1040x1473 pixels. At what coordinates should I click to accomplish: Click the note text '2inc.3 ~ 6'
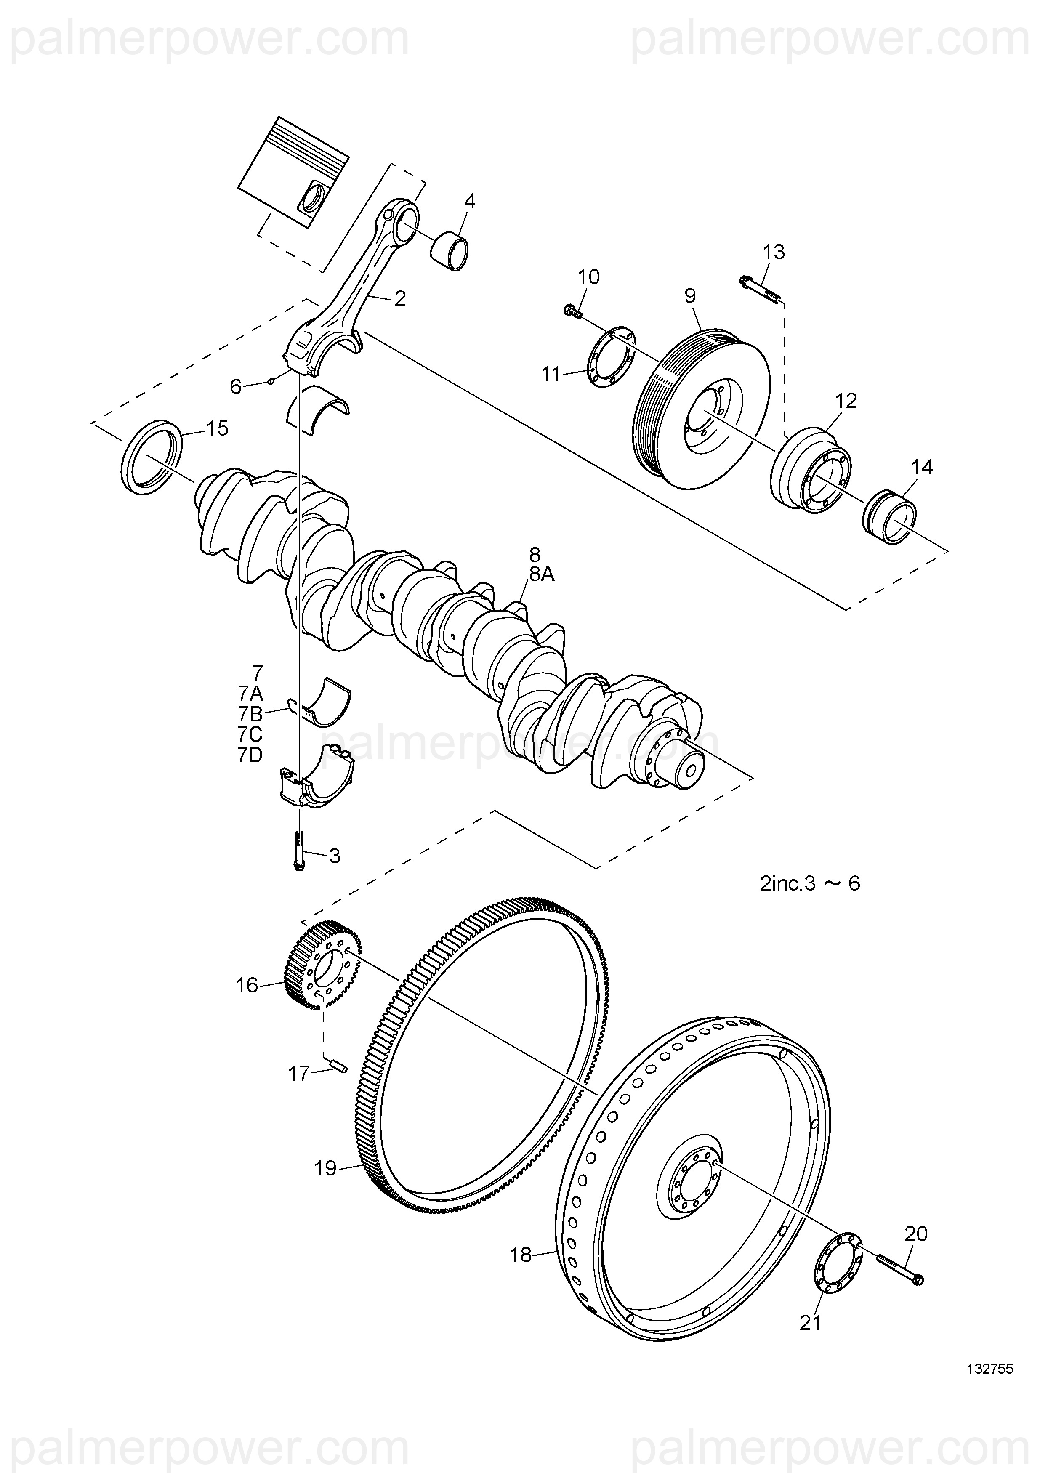point(810,883)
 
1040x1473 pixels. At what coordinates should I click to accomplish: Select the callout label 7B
point(250,714)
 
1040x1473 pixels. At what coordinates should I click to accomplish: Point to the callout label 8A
point(542,574)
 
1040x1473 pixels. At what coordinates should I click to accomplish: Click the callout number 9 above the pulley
point(690,296)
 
